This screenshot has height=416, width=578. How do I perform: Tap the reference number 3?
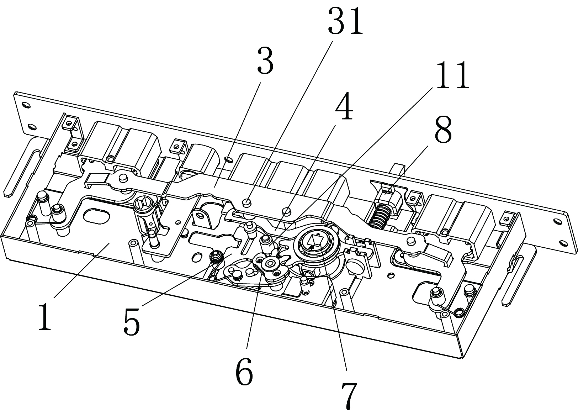pos(265,62)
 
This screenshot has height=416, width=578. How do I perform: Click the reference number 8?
pos(443,130)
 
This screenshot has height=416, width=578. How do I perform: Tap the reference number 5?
pos(132,323)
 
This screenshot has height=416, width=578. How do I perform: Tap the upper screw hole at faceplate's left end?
pos(26,105)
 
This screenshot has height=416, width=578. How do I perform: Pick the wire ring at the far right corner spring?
pos(459,313)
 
